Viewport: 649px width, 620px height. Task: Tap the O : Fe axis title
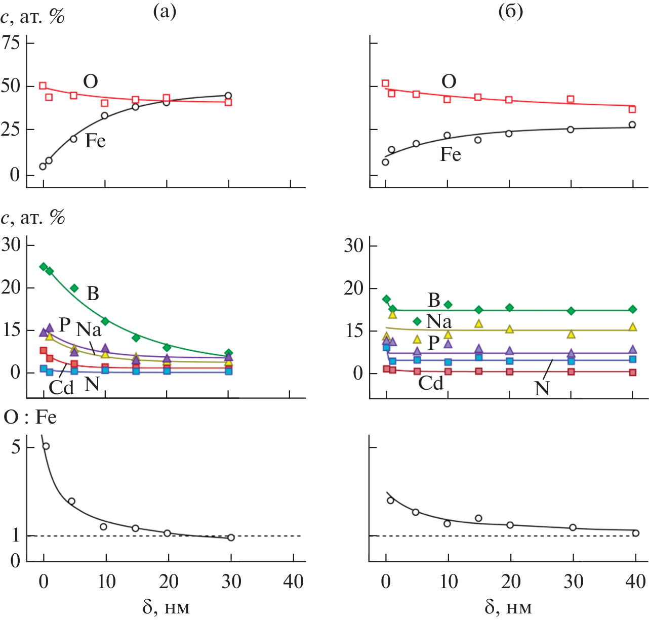coord(30,418)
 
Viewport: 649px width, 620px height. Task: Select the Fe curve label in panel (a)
coord(95,141)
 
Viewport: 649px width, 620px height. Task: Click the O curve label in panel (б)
coord(449,81)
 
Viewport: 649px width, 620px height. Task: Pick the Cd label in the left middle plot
coord(61,388)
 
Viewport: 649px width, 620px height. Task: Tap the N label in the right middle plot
coord(542,389)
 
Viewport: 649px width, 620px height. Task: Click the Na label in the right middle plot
coord(439,321)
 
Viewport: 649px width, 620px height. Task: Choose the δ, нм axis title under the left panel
coord(166,607)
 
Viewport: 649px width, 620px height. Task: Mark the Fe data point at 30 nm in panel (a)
coord(228,96)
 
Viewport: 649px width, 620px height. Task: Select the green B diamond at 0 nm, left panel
coord(44,267)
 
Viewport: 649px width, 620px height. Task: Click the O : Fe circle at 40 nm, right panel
coord(636,533)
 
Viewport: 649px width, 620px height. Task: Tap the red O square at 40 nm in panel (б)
coord(632,109)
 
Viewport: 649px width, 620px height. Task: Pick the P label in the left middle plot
coord(64,324)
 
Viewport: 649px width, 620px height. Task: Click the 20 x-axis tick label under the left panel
coord(169,582)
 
